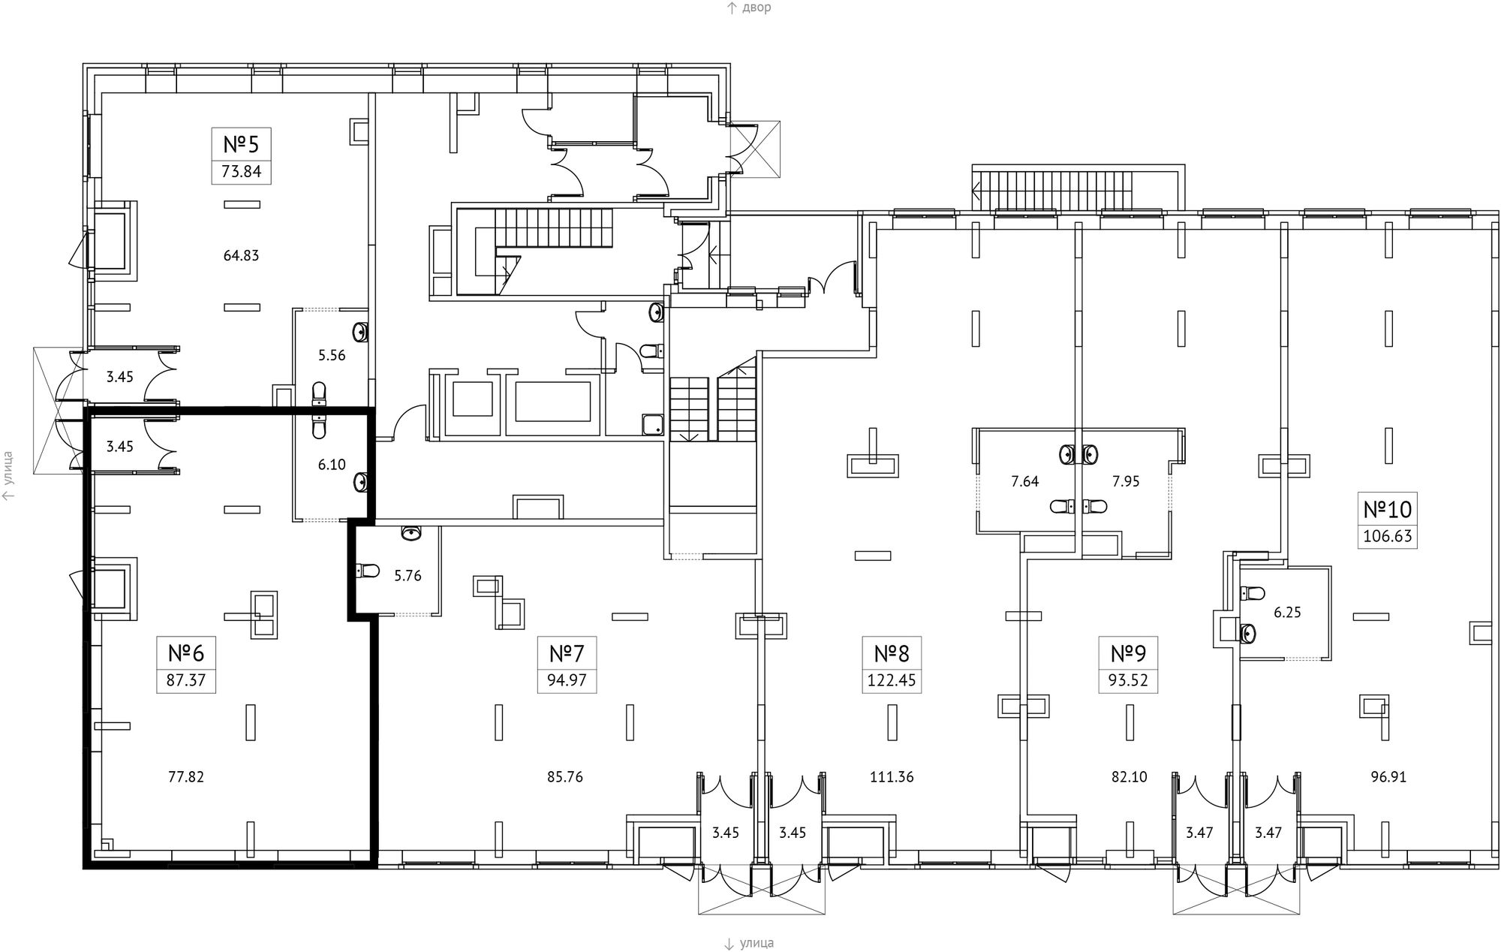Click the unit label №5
tap(242, 143)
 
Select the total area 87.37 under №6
tap(186, 682)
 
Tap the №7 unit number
tap(567, 653)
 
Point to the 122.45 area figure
tap(892, 682)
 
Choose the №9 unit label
tap(1129, 653)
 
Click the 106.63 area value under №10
tap(1388, 537)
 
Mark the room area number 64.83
tap(241, 255)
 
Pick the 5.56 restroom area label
tap(332, 355)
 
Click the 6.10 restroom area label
tap(332, 465)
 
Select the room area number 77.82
tap(186, 777)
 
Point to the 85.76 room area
tap(565, 777)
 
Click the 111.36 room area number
tap(892, 777)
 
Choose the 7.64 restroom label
tap(1024, 481)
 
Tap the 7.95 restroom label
tap(1126, 481)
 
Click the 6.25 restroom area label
tap(1287, 613)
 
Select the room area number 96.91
tap(1388, 777)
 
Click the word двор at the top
tap(757, 8)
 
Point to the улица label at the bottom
tap(757, 943)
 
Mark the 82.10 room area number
tap(1130, 777)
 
